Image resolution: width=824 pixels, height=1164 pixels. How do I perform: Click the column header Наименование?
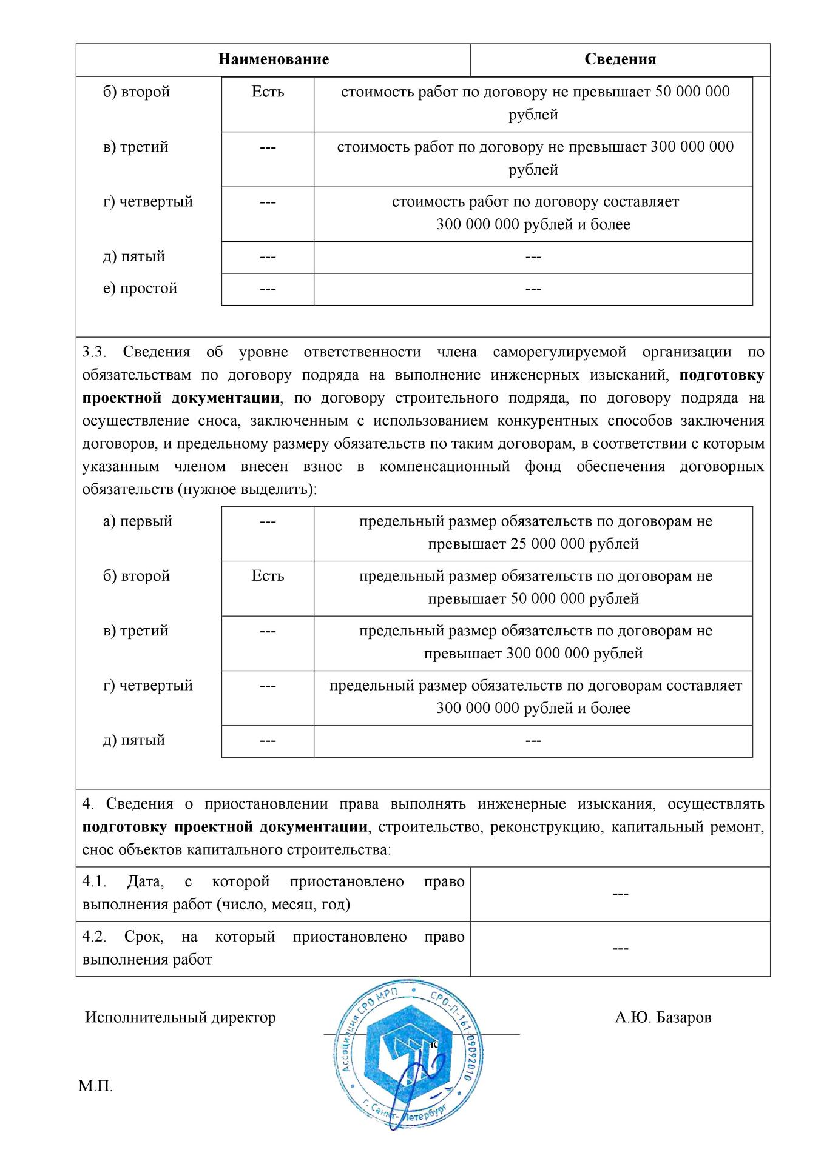tap(273, 59)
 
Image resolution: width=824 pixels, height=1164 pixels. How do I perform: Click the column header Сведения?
tap(620, 59)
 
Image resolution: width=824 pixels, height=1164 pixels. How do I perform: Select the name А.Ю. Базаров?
tap(663, 1017)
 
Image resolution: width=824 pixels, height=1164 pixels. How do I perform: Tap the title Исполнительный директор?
tap(180, 1017)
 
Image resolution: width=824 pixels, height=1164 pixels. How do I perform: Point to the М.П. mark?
tap(95, 1086)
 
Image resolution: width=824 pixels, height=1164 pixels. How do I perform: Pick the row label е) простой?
tap(140, 288)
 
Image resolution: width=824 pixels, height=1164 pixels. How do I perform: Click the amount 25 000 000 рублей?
tap(575, 544)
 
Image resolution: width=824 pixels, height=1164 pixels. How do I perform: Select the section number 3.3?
tap(94, 352)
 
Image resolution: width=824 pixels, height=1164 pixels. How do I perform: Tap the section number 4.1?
tap(94, 882)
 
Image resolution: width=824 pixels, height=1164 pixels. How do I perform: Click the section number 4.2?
tap(94, 937)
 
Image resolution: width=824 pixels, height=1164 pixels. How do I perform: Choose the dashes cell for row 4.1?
tap(620, 894)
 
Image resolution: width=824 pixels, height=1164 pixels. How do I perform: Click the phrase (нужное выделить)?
tap(247, 489)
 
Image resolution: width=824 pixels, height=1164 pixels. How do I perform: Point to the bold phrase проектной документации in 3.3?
tap(181, 398)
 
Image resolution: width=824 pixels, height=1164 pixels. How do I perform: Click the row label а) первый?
tap(138, 521)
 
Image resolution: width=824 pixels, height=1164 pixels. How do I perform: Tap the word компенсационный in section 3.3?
tap(445, 467)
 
